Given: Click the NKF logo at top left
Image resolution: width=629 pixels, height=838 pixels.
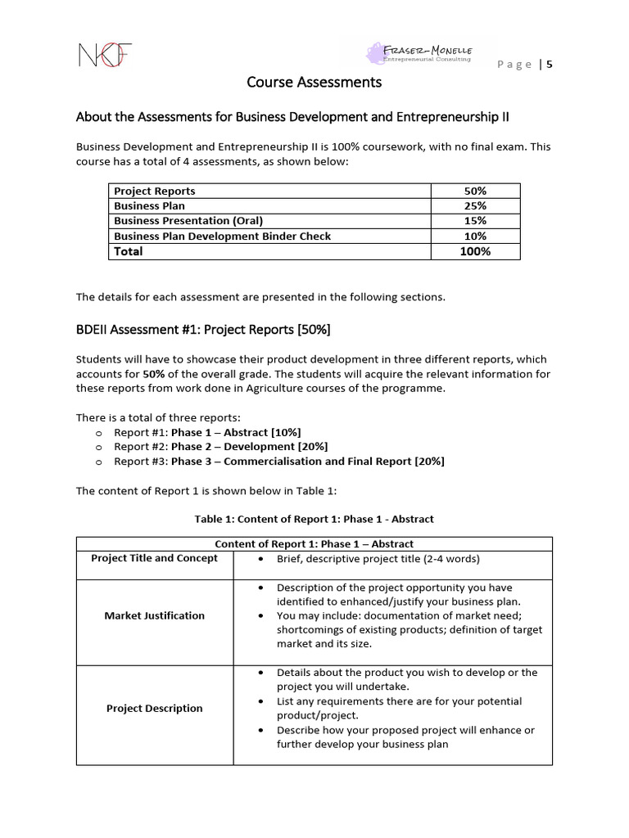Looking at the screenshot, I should pos(104,55).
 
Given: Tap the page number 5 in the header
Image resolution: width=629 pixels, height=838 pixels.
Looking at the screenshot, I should pos(550,65).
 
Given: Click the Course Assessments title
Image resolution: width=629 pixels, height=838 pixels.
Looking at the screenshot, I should pos(314,82).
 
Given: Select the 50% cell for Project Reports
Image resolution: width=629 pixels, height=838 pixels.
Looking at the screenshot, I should pos(475,191).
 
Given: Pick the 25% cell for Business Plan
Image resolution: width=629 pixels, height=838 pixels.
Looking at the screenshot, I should pos(475,205).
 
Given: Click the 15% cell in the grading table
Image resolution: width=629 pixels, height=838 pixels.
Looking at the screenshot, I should pos(475,221).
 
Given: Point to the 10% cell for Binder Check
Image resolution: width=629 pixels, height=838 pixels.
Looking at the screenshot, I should pos(475,236).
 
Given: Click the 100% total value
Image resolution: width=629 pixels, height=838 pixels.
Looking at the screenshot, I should pos(475,251).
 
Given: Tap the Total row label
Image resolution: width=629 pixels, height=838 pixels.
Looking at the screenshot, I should pos(129,251).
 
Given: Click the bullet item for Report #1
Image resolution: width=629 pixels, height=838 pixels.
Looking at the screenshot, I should pos(213,432).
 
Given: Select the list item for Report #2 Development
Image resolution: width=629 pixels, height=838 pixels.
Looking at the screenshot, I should pos(220,447).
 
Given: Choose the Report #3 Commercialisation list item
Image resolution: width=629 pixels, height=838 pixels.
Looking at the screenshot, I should pos(278,462).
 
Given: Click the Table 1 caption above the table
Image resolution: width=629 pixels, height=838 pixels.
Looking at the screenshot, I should pos(314,519).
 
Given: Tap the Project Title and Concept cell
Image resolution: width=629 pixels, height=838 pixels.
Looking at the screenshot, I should pos(154,558).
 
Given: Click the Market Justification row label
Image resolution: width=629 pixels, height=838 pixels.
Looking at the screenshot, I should pos(154,615).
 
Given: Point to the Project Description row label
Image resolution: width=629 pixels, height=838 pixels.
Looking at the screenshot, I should pos(154,709).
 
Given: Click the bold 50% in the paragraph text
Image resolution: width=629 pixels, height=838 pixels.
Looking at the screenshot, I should pos(154,374).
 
